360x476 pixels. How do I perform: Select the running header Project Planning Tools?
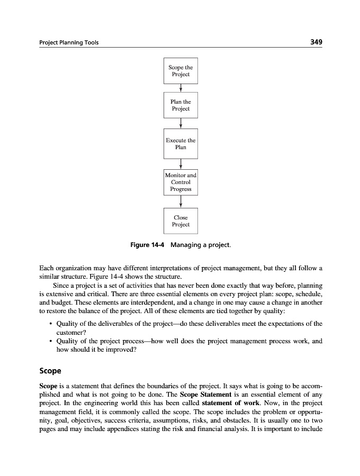point(69,43)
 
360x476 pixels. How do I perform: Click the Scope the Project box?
point(181,71)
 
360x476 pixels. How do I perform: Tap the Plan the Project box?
point(181,105)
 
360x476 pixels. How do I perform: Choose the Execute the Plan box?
point(181,143)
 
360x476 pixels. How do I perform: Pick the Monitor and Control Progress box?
point(181,182)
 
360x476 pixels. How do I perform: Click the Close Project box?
point(181,221)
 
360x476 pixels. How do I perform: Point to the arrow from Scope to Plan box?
point(181,88)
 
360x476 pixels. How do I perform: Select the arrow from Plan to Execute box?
point(181,123)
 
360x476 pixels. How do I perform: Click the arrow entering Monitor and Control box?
point(181,163)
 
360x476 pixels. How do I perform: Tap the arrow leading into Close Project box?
point(181,202)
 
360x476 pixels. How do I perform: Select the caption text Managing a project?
point(201,245)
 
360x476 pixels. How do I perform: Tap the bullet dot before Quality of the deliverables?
point(50,324)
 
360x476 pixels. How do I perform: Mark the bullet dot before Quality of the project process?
point(50,342)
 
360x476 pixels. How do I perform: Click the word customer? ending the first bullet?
point(71,332)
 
